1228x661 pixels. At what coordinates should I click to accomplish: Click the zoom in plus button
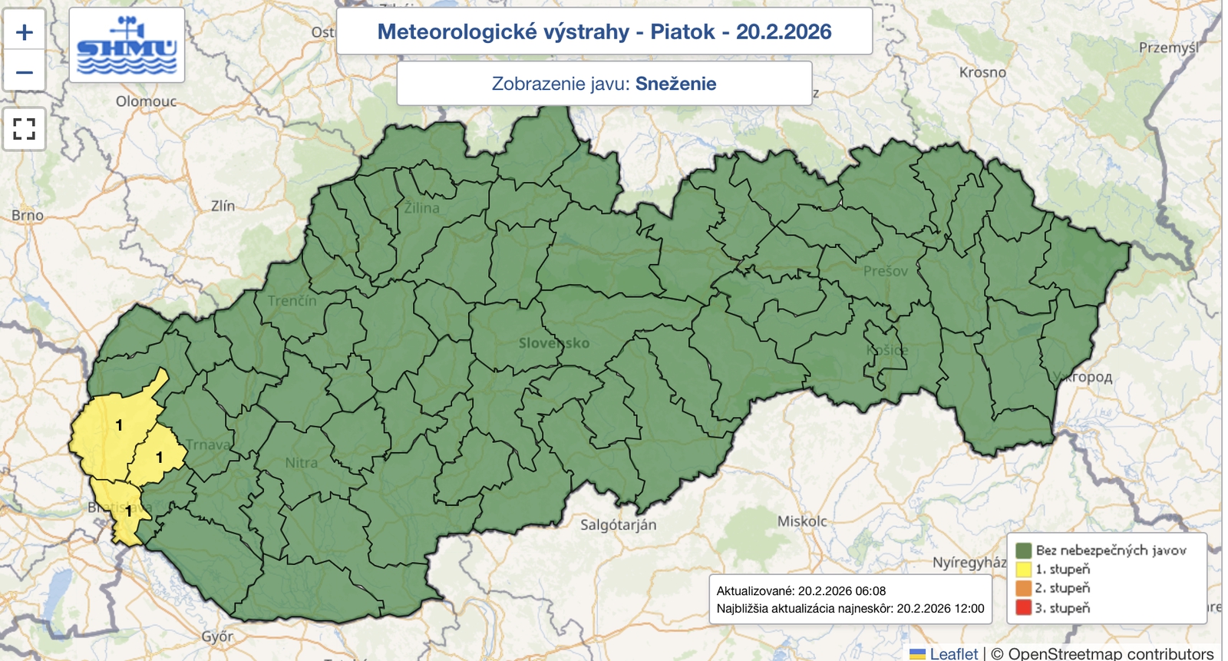coord(25,32)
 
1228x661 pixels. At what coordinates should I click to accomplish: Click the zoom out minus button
coord(25,73)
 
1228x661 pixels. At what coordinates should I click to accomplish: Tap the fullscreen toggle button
coord(25,128)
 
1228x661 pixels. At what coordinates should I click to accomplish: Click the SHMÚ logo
coord(127,45)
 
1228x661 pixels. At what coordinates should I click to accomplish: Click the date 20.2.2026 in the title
coord(784,31)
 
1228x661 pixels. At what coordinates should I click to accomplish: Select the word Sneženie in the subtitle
coord(675,84)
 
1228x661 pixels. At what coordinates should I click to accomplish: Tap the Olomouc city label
coord(146,101)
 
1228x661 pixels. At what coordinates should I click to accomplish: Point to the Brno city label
coord(28,216)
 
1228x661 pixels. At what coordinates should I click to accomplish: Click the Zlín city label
coord(223,206)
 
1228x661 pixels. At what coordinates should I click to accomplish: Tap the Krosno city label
coord(982,72)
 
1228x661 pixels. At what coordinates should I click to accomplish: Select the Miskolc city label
coord(802,522)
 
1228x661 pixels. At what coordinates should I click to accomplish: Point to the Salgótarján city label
coord(618,525)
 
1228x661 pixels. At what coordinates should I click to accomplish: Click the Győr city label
coord(217,636)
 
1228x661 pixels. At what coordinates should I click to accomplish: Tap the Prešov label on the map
coord(885,271)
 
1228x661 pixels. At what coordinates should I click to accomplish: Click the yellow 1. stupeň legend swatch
coord(1023,570)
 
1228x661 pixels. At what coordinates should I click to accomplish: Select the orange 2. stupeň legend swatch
coord(1023,589)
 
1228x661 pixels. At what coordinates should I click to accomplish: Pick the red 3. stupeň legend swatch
coord(1023,608)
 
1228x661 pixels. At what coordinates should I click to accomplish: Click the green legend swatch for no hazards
coord(1023,550)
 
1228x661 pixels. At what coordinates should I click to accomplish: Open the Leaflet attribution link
coord(953,653)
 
